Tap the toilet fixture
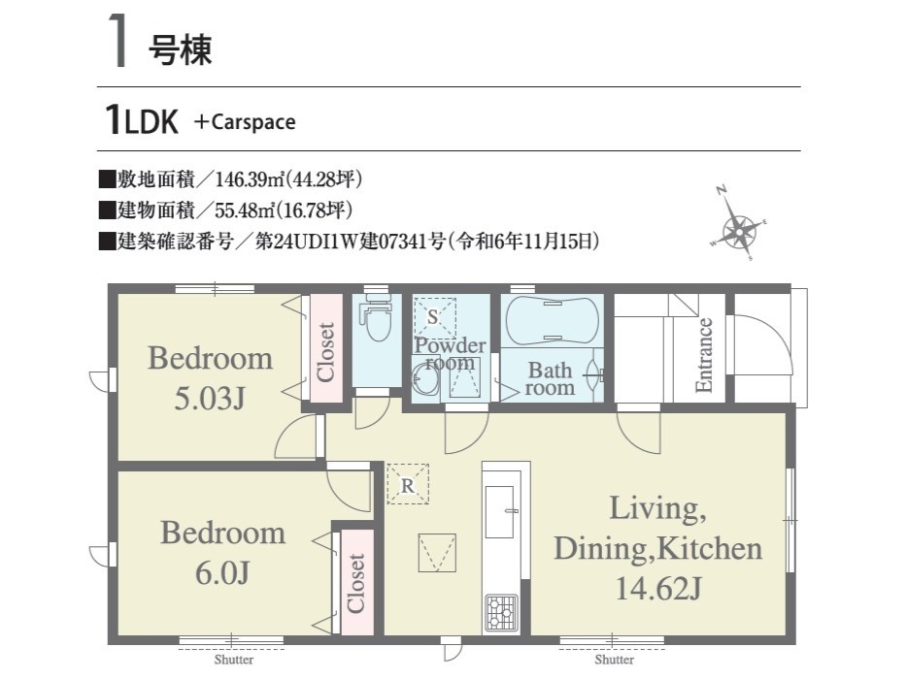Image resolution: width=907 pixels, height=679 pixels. (377, 317)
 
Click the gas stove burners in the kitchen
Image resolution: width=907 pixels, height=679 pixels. (501, 611)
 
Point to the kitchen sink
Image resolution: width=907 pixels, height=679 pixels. (500, 512)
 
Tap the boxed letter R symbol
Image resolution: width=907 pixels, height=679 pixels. (408, 484)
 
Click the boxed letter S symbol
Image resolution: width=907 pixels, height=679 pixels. (434, 317)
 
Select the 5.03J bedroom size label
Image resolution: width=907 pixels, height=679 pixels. (210, 398)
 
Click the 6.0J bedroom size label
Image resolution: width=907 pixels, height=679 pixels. (222, 573)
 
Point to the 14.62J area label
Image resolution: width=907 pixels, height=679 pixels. (658, 589)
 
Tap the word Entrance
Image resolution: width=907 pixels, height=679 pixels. (704, 355)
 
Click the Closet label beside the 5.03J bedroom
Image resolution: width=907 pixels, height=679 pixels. (325, 352)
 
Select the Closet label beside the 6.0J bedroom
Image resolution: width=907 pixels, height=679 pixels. (355, 583)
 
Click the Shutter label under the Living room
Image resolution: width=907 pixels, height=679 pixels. (615, 660)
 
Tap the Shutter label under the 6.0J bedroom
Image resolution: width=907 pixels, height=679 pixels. (234, 660)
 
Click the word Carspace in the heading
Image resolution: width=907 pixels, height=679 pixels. (253, 122)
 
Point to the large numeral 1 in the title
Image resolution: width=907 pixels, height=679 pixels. (118, 41)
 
